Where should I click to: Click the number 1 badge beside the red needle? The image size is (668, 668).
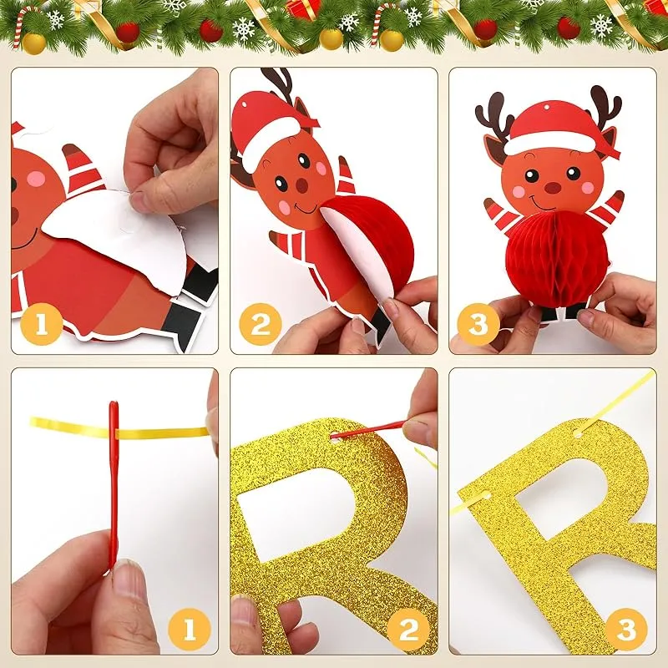190,630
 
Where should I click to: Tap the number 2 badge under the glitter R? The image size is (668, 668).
408,630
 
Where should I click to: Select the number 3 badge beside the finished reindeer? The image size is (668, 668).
478,324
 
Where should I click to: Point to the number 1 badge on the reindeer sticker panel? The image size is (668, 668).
41,324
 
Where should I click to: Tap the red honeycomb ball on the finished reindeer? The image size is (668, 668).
557,259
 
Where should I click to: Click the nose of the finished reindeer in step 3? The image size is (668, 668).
553,187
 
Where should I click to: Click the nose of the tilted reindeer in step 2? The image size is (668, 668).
302,185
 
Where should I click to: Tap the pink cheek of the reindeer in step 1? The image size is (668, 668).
36,179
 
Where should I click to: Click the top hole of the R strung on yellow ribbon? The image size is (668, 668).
578,433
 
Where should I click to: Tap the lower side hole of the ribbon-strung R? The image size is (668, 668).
485,496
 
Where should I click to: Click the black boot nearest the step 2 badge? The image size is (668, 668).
379,325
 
